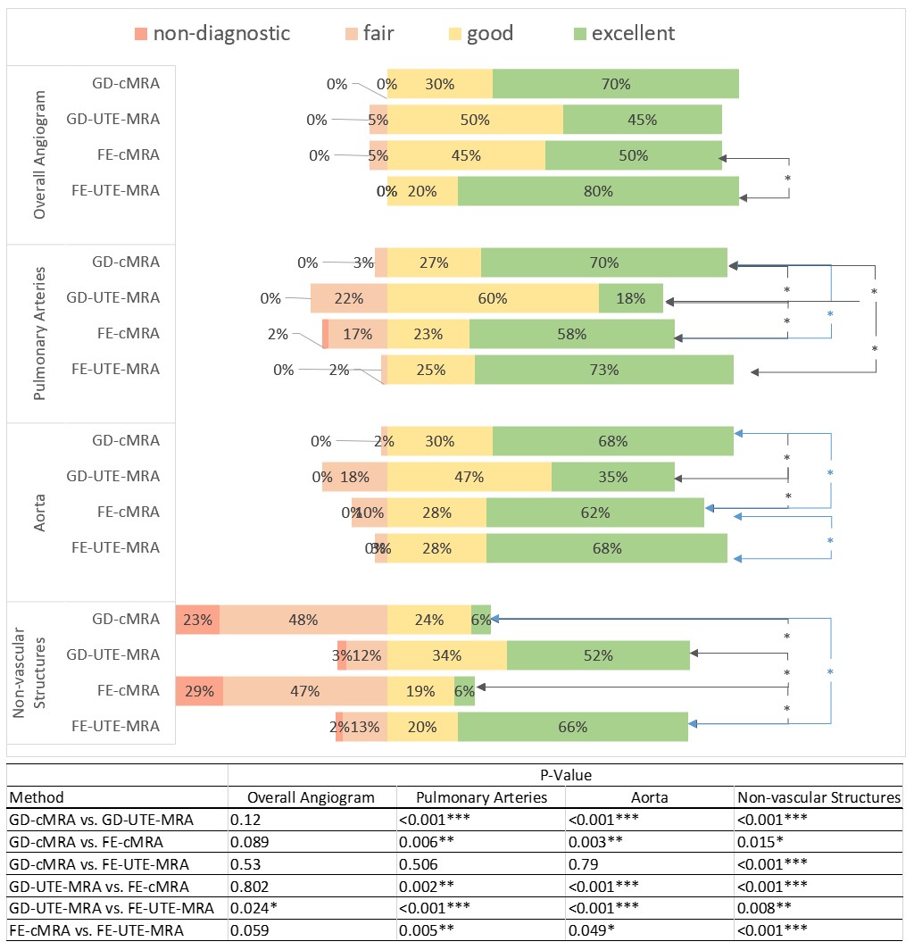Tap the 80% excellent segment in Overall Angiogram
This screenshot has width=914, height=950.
click(598, 191)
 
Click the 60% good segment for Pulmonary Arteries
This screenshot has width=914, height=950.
click(493, 298)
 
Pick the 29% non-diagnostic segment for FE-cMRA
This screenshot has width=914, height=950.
click(199, 691)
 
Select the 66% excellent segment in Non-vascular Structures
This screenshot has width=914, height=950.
click(572, 727)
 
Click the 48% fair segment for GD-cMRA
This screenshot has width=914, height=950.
click(303, 620)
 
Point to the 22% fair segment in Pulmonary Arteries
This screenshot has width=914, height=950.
click(349, 298)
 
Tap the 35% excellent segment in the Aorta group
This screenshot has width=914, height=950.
click(613, 477)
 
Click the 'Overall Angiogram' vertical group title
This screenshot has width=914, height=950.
click(40, 154)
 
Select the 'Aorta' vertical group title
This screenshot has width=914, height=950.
click(40, 512)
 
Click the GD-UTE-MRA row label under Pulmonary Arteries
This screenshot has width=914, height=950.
click(114, 298)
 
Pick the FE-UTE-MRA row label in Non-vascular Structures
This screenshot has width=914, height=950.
click(115, 727)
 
